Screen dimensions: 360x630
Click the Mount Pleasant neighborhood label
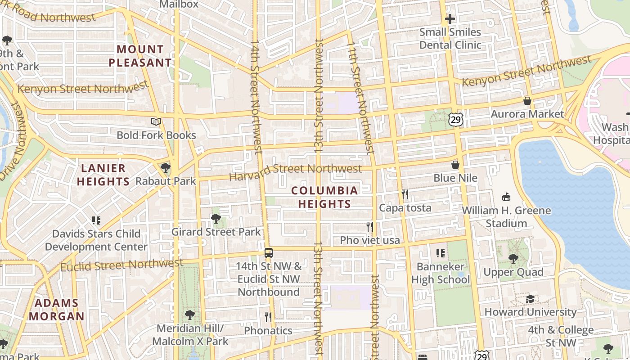140,56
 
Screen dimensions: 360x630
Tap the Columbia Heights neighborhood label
324,197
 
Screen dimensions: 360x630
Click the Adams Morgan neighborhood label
57,310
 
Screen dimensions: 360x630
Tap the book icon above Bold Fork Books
156,122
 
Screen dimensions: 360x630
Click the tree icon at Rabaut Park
166,168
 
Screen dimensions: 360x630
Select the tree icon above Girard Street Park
216,219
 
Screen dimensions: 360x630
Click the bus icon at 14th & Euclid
268,252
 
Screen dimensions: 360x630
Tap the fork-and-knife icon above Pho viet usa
370,226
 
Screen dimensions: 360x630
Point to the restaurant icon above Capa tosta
405,194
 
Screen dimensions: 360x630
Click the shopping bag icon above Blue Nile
455,165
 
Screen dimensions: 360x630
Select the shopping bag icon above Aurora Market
527,101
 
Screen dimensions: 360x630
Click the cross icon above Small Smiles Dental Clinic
450,19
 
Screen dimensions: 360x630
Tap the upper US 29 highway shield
455,119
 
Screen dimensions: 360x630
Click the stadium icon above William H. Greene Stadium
506,197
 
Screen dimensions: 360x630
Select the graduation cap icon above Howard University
531,299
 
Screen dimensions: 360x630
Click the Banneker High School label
440,273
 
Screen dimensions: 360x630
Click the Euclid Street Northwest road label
122,265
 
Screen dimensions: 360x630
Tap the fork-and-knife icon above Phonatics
268,317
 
